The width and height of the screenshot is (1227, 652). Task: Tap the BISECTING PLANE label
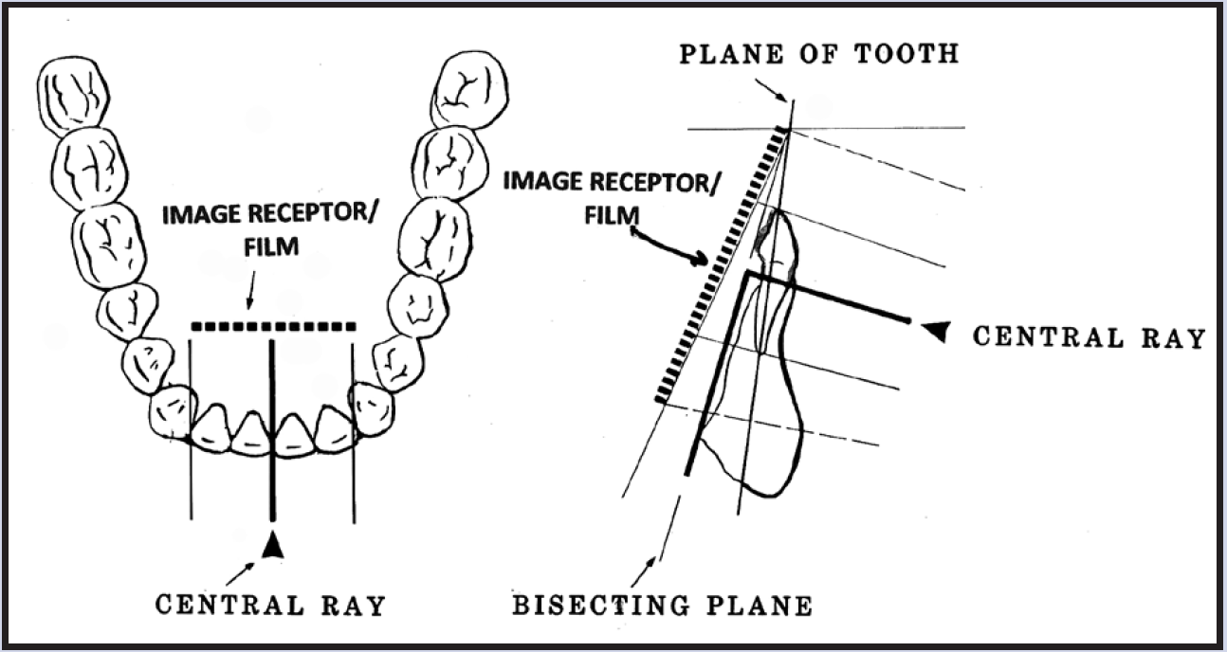(662, 605)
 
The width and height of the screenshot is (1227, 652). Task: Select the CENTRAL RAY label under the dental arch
(270, 605)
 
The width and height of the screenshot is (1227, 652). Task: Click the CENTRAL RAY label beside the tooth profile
(1089, 337)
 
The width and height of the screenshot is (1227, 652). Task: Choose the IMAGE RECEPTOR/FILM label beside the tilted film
(607, 193)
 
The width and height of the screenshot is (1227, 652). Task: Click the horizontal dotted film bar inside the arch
(273, 327)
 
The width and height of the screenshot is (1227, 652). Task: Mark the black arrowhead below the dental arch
(273, 544)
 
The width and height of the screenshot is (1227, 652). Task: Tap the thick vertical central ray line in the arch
(273, 426)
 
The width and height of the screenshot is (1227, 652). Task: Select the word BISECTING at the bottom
(597, 605)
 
